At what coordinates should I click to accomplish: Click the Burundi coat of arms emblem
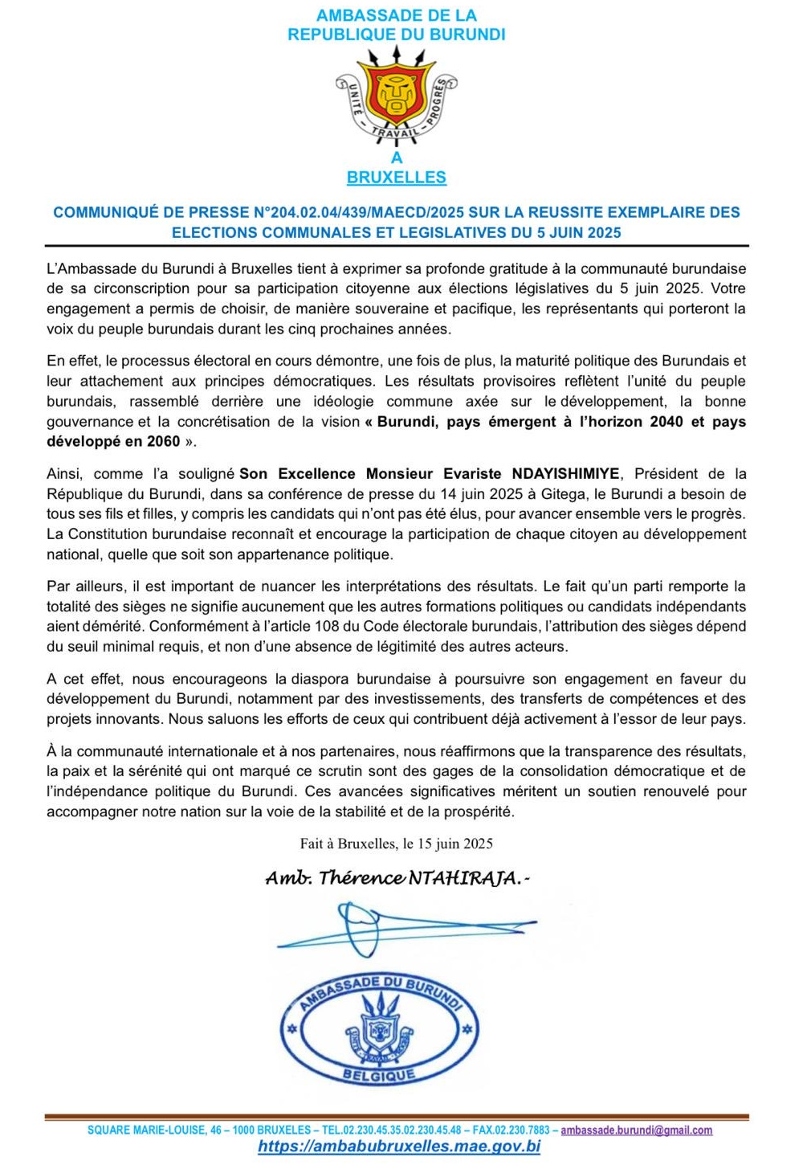coord(396,92)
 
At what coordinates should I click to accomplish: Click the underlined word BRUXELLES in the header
coord(397,178)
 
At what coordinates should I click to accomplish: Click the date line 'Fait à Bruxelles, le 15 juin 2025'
coord(396,844)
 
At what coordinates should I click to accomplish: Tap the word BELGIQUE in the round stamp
coord(379,1074)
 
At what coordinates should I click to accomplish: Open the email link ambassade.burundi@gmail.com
coord(637,1130)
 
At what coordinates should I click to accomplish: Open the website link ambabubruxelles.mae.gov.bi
coord(399,1147)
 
